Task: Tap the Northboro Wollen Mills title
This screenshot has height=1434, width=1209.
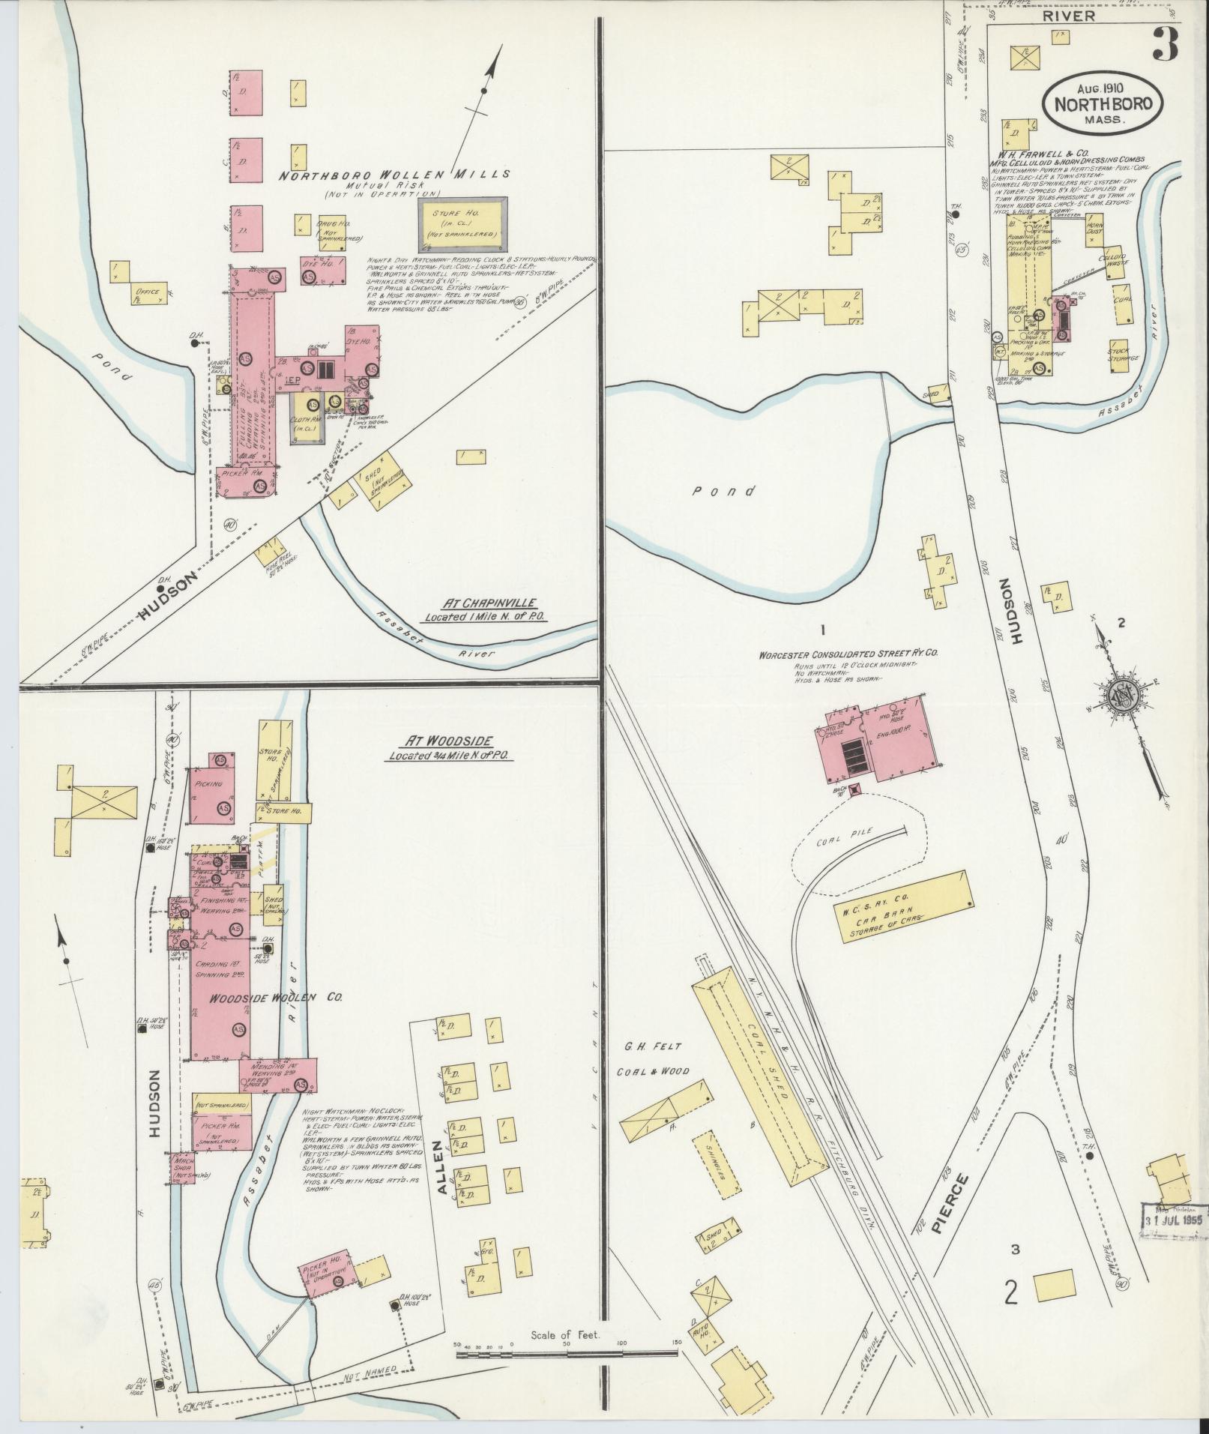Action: pyautogui.click(x=394, y=175)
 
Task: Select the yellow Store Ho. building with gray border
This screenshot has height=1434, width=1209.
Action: pyautogui.click(x=462, y=223)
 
